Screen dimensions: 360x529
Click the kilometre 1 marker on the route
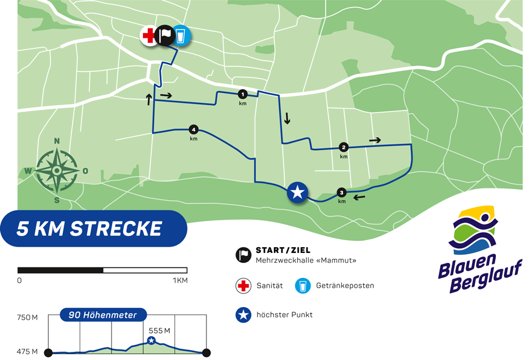click(x=243, y=94)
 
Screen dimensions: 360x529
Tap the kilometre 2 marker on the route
click(x=344, y=147)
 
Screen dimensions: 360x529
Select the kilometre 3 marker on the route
click(x=342, y=193)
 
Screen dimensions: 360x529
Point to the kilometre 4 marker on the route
click(x=194, y=130)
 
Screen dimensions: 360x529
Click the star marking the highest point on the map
click(x=298, y=193)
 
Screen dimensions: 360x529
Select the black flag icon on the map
click(x=165, y=36)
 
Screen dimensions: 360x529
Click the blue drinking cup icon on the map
click(x=181, y=36)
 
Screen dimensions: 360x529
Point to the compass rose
click(x=57, y=170)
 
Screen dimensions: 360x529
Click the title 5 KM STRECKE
click(x=89, y=229)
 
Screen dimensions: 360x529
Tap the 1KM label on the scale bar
click(x=180, y=280)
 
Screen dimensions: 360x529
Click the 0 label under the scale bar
click(x=20, y=280)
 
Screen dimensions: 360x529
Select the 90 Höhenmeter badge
click(x=103, y=315)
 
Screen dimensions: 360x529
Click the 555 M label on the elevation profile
click(x=159, y=331)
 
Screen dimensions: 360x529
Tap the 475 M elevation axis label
click(x=27, y=351)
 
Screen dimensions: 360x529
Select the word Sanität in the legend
click(x=269, y=286)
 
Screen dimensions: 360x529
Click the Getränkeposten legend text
click(x=346, y=286)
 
